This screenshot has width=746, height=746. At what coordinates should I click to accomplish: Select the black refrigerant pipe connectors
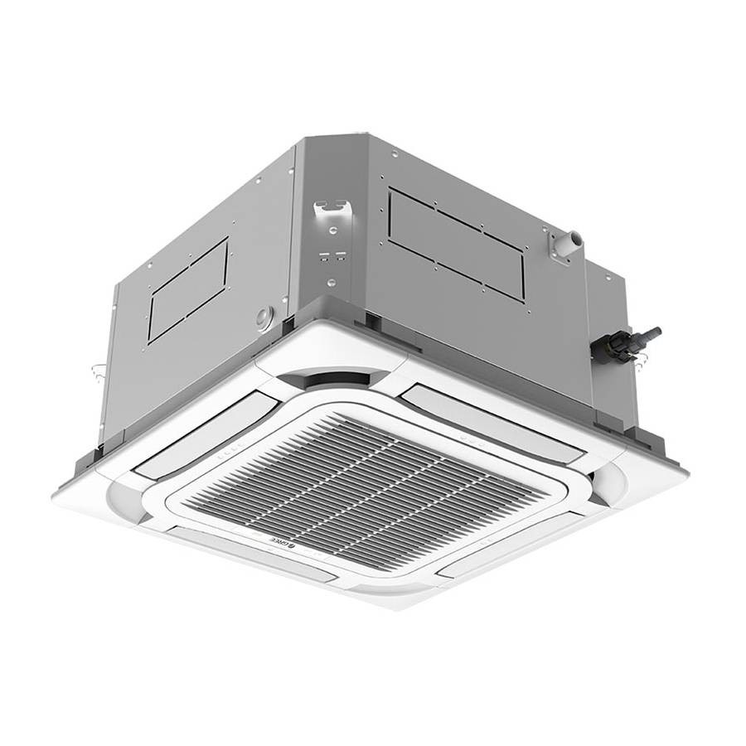tap(626, 343)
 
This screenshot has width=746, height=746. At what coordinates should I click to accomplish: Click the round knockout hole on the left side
tap(265, 316)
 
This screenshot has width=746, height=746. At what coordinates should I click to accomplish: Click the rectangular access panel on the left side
tap(188, 290)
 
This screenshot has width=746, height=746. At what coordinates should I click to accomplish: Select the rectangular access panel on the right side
tap(456, 243)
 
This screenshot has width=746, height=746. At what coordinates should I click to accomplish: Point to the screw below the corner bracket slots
tap(331, 283)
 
